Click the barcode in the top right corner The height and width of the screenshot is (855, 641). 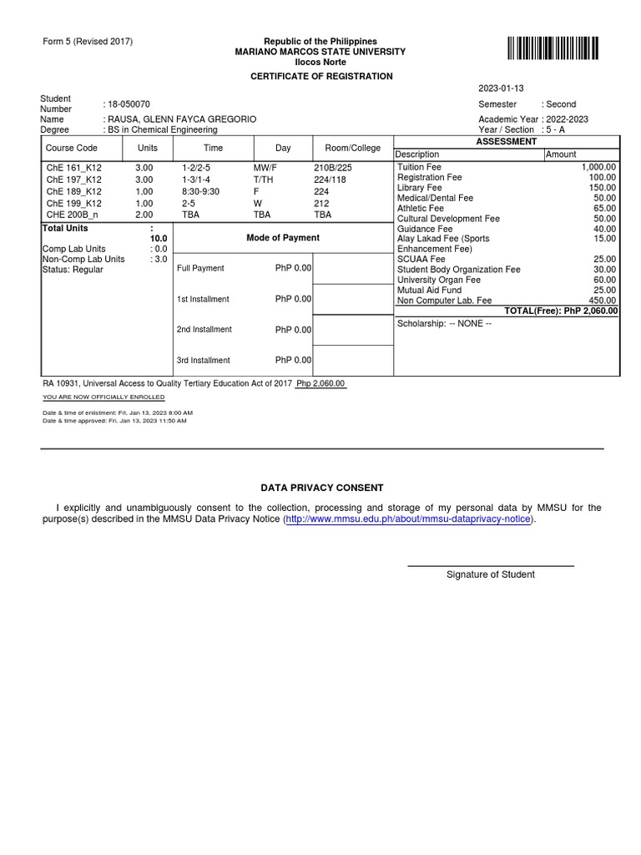(552, 48)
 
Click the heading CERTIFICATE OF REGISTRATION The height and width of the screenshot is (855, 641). (321, 76)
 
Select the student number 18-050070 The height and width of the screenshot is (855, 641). (127, 104)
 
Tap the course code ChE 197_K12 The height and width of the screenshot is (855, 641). (74, 180)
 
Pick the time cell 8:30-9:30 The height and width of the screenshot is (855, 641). (200, 191)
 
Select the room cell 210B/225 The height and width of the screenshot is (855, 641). (332, 168)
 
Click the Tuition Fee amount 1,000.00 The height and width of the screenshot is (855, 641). (598, 168)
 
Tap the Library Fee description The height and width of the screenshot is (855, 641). (420, 188)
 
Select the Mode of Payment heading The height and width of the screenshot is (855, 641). (283, 238)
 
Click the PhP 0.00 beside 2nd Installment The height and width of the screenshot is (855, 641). (293, 330)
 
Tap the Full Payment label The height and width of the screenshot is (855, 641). (200, 269)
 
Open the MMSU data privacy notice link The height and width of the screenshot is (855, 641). (409, 519)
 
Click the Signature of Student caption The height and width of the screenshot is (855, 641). (491, 574)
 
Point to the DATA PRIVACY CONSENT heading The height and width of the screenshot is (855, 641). (322, 488)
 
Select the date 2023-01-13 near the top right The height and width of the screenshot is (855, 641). (501, 89)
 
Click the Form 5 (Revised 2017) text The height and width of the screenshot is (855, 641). (86, 42)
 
